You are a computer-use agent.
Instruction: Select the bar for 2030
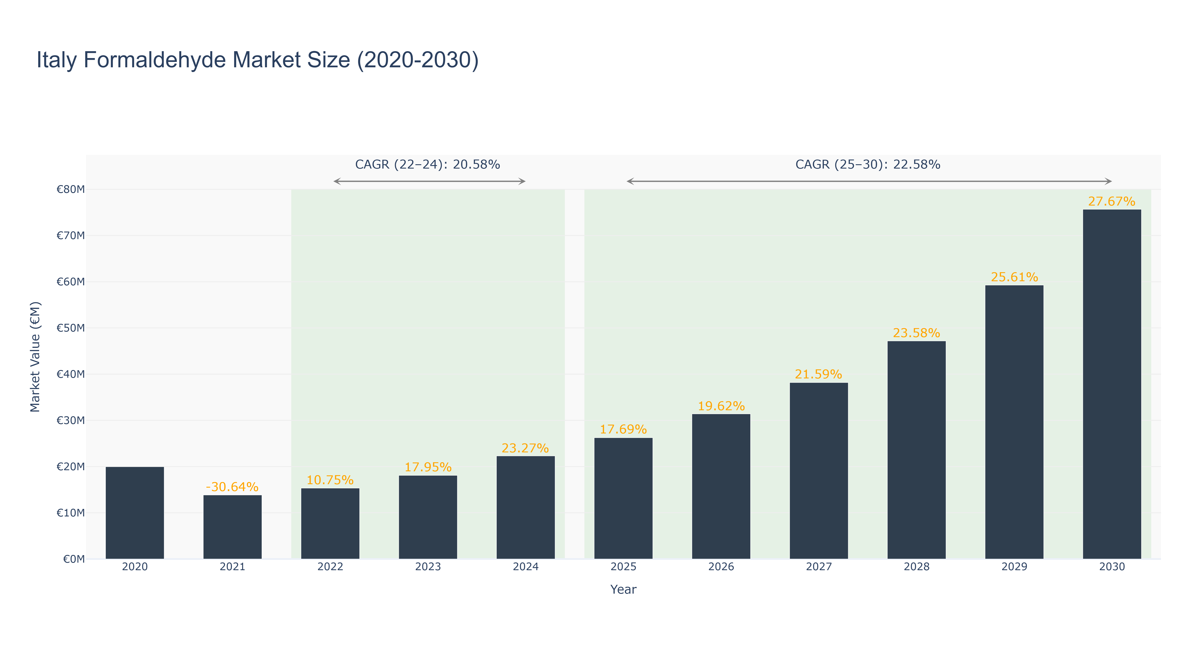pos(1112,384)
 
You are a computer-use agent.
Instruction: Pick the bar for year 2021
pos(232,527)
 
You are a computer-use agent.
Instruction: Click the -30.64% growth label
pos(232,487)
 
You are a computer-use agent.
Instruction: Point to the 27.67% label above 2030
pos(1112,201)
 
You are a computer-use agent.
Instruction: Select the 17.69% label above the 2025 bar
pos(623,430)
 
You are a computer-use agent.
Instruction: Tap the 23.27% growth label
pos(525,448)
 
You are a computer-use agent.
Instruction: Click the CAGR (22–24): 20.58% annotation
pos(428,164)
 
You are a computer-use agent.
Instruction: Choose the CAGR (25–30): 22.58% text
pos(868,164)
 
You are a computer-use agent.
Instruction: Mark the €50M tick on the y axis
pos(71,328)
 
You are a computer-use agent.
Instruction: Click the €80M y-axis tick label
pos(71,189)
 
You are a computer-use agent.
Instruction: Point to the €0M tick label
pos(74,559)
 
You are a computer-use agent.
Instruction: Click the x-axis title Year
pos(623,589)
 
